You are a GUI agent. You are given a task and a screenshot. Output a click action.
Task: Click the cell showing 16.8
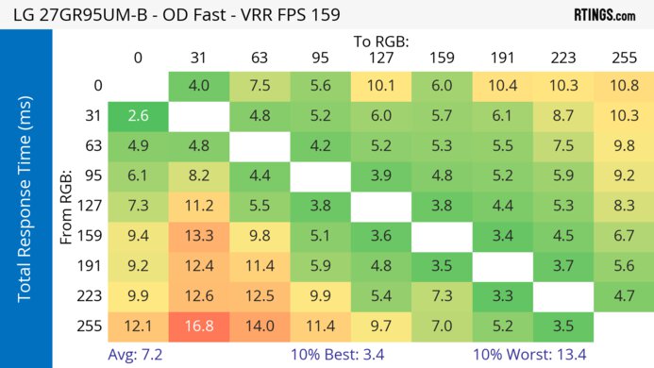point(198,326)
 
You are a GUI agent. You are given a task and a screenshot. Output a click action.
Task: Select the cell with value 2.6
point(138,116)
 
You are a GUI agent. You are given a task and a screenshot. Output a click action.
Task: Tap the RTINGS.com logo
point(604,15)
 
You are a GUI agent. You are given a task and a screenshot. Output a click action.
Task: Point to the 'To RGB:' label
point(382,42)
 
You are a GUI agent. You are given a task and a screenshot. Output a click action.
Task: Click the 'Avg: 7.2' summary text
point(138,354)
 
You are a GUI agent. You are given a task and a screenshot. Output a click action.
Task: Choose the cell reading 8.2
point(198,176)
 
